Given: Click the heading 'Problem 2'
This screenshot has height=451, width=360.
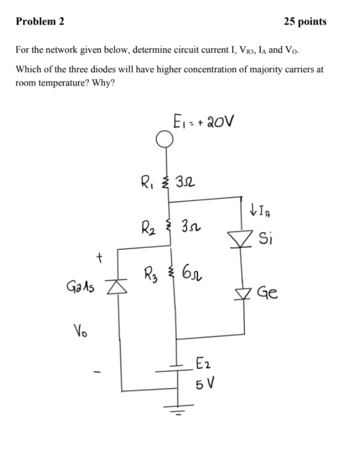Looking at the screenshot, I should tap(40, 22).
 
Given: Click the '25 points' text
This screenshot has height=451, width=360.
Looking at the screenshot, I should tap(305, 22).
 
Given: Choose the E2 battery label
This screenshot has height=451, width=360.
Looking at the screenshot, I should tap(202, 363).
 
